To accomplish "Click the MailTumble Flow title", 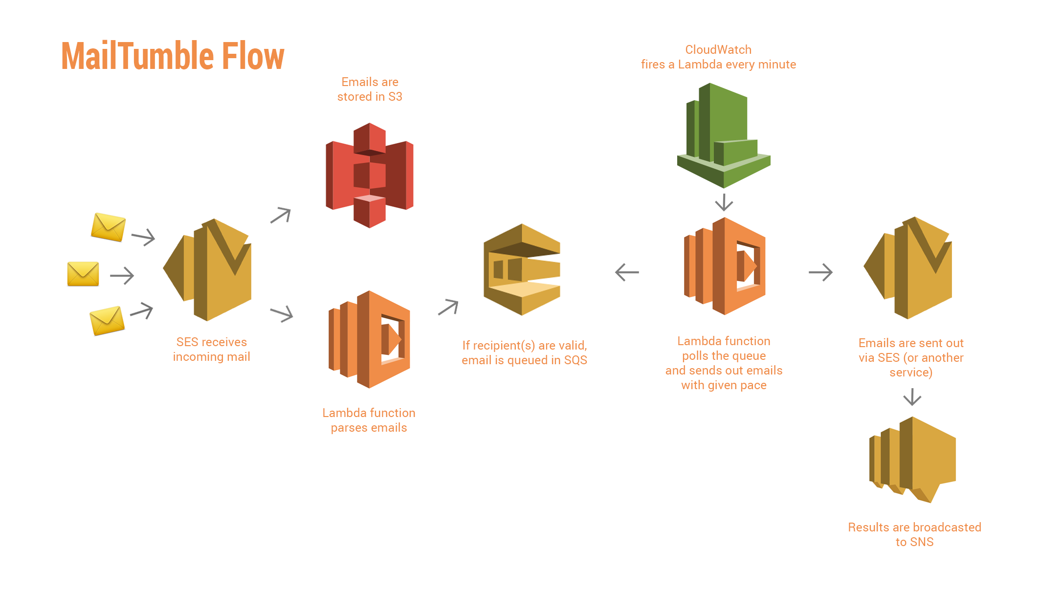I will (x=173, y=56).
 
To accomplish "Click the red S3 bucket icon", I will (x=370, y=175).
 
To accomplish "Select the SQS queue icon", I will (x=522, y=269).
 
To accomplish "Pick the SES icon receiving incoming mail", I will (x=208, y=270).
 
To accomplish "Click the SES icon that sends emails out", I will (x=908, y=268).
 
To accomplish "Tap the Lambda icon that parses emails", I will (x=369, y=339).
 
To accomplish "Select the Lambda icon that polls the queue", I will (x=725, y=266).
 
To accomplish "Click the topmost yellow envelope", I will (x=108, y=227).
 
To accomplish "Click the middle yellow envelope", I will (x=83, y=274).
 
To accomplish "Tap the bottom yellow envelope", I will (x=107, y=321).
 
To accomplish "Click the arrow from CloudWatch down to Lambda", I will (x=724, y=202).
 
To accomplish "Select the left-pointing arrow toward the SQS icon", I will (x=627, y=272).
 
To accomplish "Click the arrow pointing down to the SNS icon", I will (x=912, y=396).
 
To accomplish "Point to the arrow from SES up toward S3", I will (x=281, y=215).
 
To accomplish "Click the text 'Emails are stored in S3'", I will (x=370, y=89).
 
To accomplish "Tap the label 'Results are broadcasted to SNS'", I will (x=914, y=534).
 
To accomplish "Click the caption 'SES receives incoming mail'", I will (x=211, y=349).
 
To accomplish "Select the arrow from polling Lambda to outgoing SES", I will (x=820, y=272).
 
